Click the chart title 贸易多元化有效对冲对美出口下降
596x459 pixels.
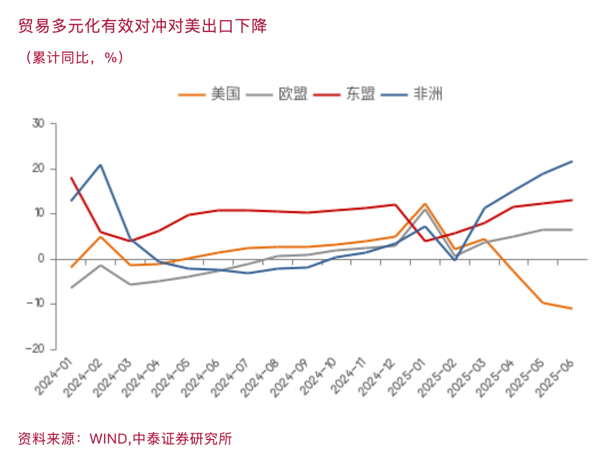coord(142,26)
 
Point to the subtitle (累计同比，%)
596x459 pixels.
coord(74,58)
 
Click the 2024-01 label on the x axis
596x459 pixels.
coord(54,378)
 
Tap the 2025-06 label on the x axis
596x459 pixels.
coord(555,378)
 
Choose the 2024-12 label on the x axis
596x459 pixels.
coord(378,378)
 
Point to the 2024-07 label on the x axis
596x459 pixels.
coord(231,378)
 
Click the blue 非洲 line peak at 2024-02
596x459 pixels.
coord(101,165)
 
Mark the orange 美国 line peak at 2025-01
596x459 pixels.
coord(425,204)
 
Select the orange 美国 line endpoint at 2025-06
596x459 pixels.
coord(572,308)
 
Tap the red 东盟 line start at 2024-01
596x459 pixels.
coord(71,178)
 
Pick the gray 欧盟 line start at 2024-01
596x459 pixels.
coord(71,287)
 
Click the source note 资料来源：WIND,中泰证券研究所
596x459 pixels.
coord(125,439)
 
